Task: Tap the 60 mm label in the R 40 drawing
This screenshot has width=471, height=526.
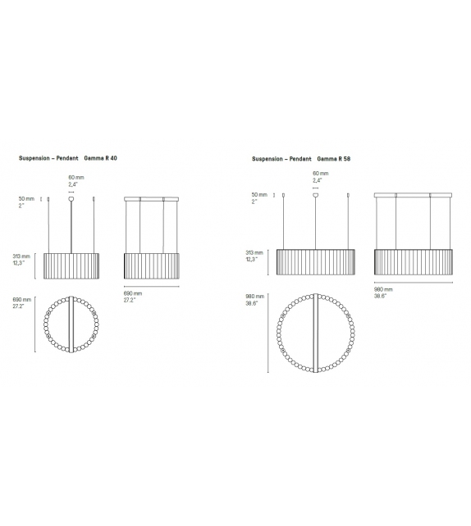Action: click(76, 177)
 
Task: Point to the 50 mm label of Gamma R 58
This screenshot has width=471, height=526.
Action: click(259, 194)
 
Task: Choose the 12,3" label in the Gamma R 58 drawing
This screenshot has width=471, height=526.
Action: click(257, 260)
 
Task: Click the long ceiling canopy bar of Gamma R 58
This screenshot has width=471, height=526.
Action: click(414, 194)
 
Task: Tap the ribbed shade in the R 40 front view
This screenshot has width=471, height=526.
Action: click(72, 265)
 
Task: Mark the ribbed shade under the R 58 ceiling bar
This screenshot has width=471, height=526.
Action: click(414, 261)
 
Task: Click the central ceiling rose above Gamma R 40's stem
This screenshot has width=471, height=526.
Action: click(72, 197)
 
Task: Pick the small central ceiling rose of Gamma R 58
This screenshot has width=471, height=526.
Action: click(317, 193)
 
